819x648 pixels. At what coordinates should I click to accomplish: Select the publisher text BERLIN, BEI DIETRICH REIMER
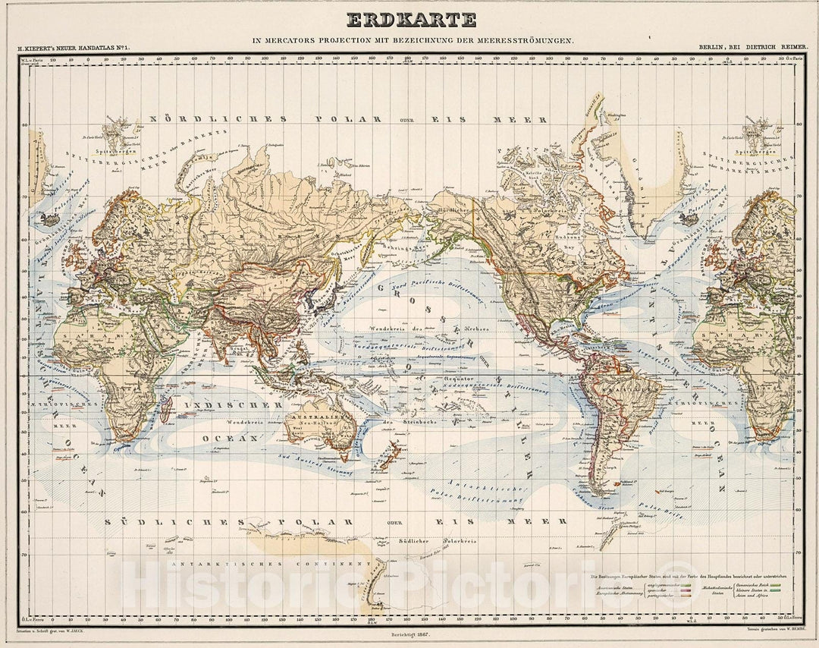[754, 47]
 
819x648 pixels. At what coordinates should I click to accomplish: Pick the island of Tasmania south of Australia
[345, 455]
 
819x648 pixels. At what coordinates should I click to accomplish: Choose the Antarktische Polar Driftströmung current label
[485, 493]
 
